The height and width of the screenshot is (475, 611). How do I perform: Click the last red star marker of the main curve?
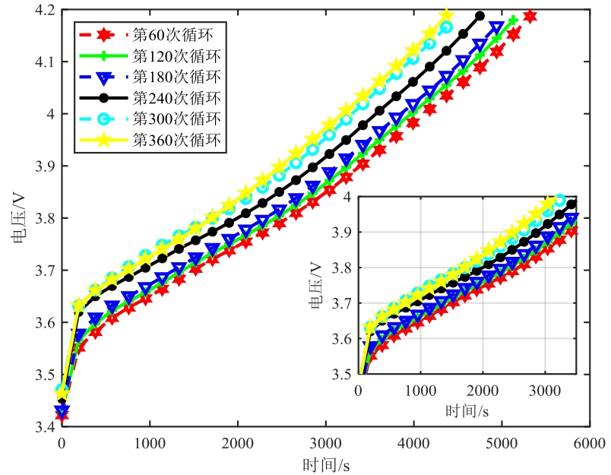pyautogui.click(x=530, y=16)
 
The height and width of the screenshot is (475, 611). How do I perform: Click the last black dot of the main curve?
pyautogui.click(x=480, y=15)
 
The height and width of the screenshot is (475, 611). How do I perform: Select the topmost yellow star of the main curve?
pyautogui.click(x=446, y=15)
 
